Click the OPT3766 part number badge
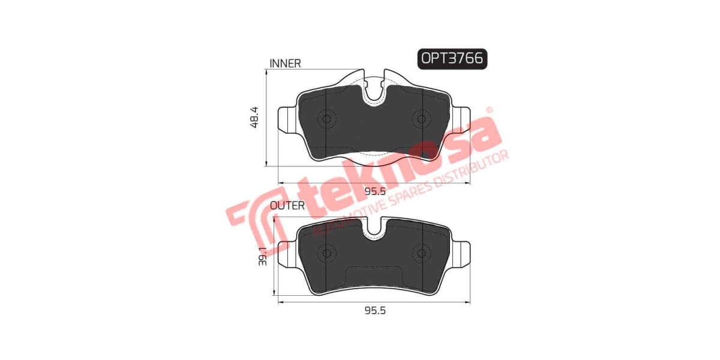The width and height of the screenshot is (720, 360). click(x=452, y=59)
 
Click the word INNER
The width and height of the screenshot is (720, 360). click(x=285, y=63)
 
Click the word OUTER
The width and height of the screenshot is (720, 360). click(x=288, y=206)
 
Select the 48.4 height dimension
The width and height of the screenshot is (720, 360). click(x=254, y=118)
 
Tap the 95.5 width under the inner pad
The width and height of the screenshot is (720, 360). click(x=374, y=191)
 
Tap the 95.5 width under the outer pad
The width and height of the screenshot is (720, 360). click(x=374, y=310)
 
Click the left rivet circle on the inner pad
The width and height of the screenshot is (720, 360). click(x=327, y=119)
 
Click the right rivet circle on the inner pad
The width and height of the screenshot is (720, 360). click(x=421, y=119)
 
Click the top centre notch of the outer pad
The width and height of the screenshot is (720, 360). click(x=374, y=228)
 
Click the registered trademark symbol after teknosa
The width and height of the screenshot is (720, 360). click(x=488, y=110)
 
